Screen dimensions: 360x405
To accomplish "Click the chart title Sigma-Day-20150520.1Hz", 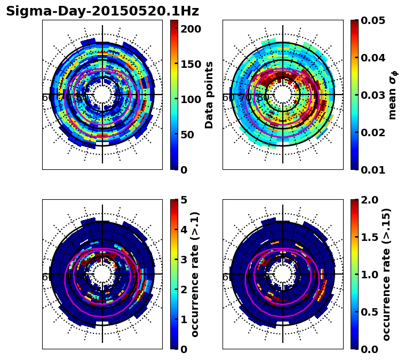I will [102, 11].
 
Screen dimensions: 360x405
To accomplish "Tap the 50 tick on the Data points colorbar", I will [190, 135].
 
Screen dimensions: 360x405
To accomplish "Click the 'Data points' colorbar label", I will [209, 95].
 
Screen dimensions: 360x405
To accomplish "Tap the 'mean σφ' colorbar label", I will [392, 95].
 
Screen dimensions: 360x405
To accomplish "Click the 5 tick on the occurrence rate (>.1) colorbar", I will [183, 200].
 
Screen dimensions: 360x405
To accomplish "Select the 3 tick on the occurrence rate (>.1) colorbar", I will [183, 260].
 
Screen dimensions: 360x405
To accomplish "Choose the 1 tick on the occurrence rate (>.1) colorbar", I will [183, 319].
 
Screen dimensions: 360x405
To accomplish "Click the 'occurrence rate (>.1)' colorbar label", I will [195, 275].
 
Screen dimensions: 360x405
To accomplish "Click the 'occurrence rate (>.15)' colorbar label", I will [386, 275].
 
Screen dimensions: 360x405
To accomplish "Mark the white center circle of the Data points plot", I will [102, 95].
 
